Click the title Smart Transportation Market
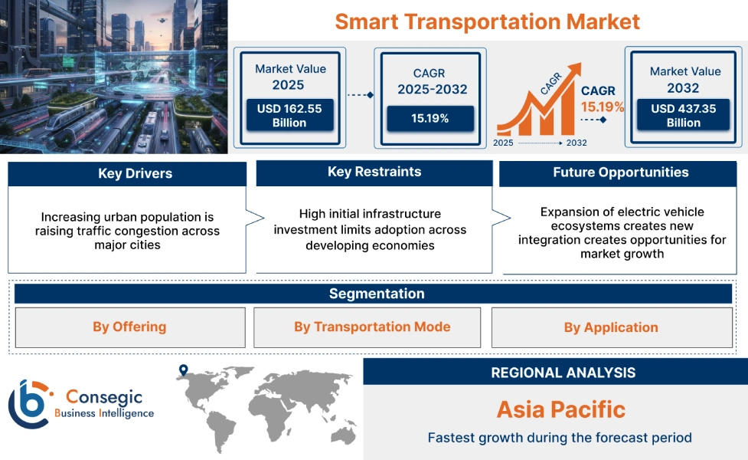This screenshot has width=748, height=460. [487, 21]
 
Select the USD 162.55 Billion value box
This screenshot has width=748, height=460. [289, 116]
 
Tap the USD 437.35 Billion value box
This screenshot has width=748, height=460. [684, 116]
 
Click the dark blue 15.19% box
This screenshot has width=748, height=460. [430, 118]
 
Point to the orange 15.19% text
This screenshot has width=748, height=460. [602, 107]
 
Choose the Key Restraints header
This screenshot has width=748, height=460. [374, 172]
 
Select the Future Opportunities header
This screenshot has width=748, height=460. [620, 172]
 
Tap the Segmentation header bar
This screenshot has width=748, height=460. [376, 294]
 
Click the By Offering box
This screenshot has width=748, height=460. [129, 327]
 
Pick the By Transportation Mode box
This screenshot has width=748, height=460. [371, 327]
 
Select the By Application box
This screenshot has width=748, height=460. [610, 327]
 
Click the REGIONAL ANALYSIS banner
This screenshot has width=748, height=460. [563, 373]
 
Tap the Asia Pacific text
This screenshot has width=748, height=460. [560, 409]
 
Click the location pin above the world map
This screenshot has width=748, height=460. [183, 371]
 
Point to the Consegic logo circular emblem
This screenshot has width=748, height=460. [28, 404]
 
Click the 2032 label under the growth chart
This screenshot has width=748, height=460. [577, 143]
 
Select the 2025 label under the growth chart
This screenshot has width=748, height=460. [503, 143]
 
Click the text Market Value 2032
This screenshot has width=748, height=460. [684, 79]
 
